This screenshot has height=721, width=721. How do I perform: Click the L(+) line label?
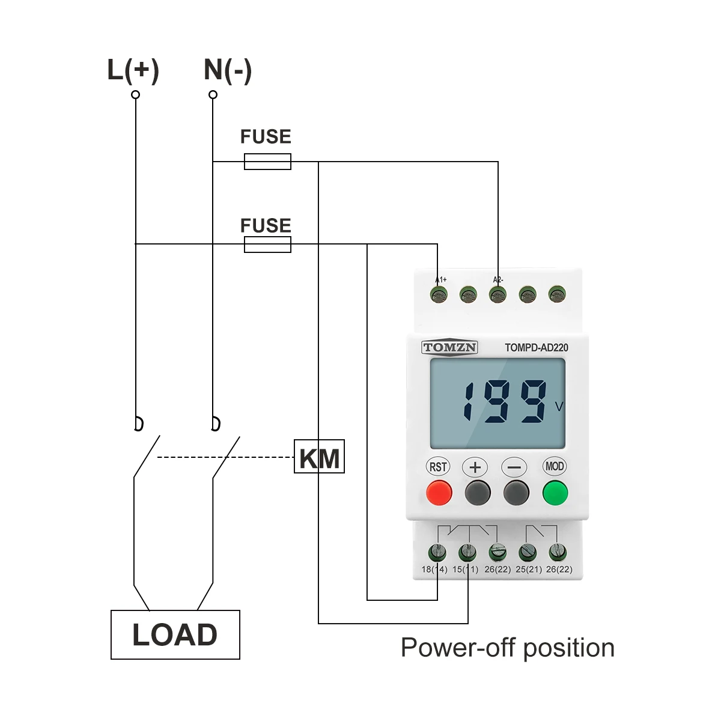133,70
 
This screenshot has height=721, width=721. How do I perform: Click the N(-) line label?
228,70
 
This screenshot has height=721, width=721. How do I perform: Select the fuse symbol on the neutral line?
267,162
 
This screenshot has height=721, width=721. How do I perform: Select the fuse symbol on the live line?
267,245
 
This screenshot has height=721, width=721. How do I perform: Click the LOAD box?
175,635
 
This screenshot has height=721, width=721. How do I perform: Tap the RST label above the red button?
438,467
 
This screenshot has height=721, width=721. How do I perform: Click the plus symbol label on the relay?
475,467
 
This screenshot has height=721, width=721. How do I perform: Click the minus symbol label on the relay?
514,467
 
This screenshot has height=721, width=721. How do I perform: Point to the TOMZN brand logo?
449,347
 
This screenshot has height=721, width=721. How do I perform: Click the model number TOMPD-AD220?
536,347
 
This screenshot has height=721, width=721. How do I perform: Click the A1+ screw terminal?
439,294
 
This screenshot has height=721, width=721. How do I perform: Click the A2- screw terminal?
497,294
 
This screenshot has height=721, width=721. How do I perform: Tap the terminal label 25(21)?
529,569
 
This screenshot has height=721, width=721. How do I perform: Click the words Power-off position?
508,648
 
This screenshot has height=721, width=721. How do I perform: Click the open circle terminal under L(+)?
135,95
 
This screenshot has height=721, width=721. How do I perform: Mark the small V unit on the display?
559,407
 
